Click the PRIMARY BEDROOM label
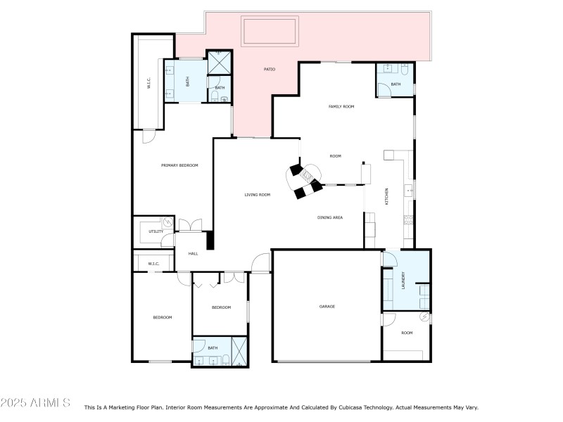click(x=179, y=165)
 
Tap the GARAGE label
click(x=327, y=307)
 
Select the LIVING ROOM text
click(x=257, y=195)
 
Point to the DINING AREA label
click(x=329, y=218)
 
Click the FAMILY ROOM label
click(x=341, y=106)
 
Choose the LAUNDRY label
click(x=403, y=281)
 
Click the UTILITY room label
click(x=156, y=231)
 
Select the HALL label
click(x=193, y=253)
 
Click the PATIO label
click(x=270, y=69)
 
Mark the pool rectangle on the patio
click(x=270, y=31)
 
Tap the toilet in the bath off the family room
click(x=405, y=69)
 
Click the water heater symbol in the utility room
click(x=165, y=222)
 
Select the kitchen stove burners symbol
click(x=408, y=219)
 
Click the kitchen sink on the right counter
click(x=408, y=190)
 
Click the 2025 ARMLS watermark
click(x=35, y=403)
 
